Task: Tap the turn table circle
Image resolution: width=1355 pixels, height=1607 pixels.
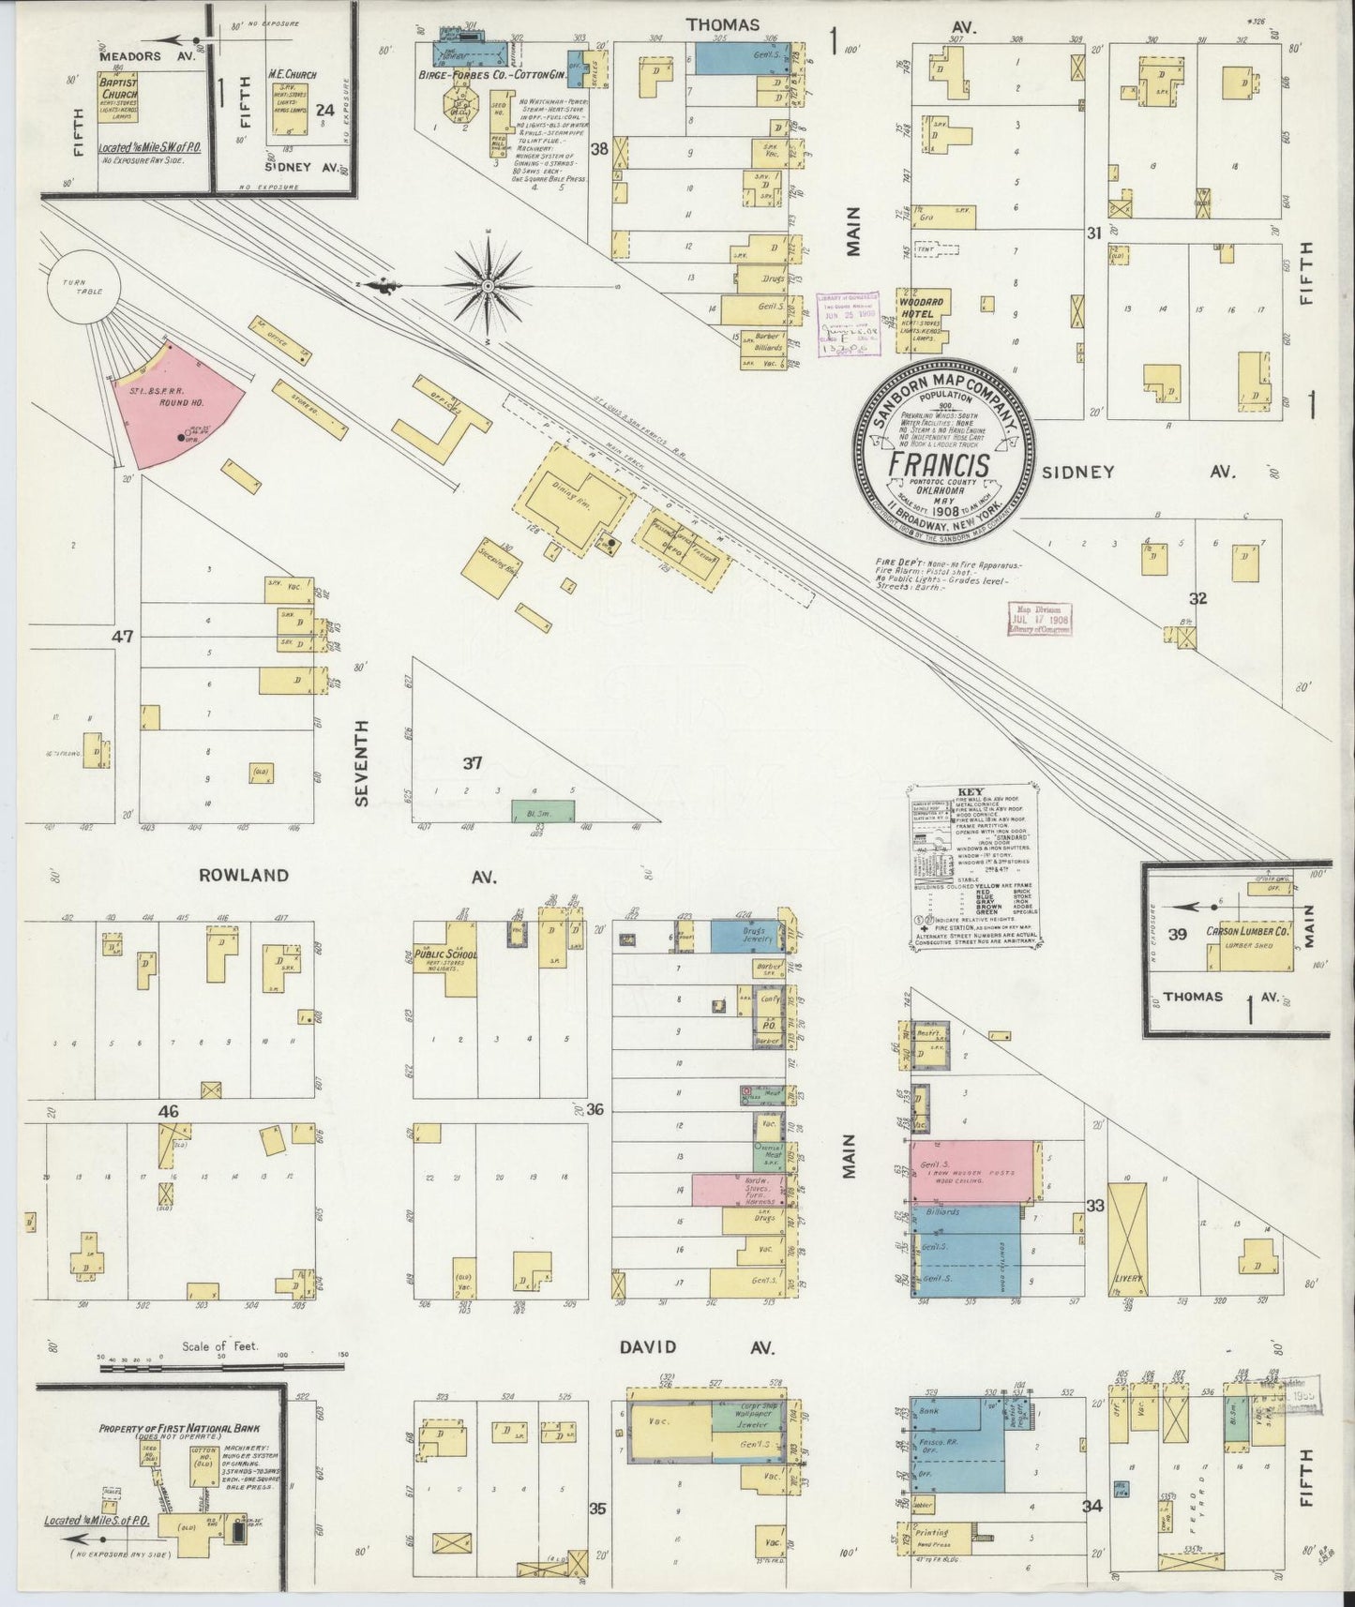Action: coord(83,286)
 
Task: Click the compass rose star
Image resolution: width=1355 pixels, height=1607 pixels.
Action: coord(488,283)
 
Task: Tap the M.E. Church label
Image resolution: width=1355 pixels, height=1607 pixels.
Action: coord(292,74)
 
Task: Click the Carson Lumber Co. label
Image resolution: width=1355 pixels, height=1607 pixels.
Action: coord(1247,932)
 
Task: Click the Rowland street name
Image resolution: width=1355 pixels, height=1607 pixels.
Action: coord(243,876)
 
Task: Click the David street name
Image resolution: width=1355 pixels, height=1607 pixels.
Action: coord(647,1347)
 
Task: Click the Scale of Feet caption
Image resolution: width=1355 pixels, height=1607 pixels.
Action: coord(219,1346)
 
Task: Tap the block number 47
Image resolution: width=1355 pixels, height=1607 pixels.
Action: coord(123,637)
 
